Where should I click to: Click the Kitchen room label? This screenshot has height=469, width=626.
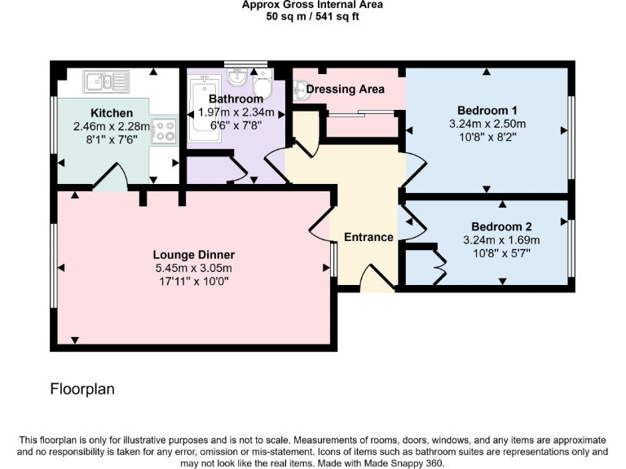pos(108,112)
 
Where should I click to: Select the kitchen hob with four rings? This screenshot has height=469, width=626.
pos(165,130)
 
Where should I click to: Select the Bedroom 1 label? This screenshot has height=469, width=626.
pos(487,111)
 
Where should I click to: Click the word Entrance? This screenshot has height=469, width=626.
pos(368,238)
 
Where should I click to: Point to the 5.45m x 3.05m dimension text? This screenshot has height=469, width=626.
pos(194,268)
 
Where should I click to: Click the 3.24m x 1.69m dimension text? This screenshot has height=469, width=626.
pos(501,240)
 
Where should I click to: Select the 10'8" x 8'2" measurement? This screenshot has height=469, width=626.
pos(487,138)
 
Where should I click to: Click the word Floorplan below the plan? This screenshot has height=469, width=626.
pos(82,389)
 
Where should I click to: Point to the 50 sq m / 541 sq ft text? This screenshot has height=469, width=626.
pos(312,16)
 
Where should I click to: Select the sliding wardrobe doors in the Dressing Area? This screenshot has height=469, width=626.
pos(359,113)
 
